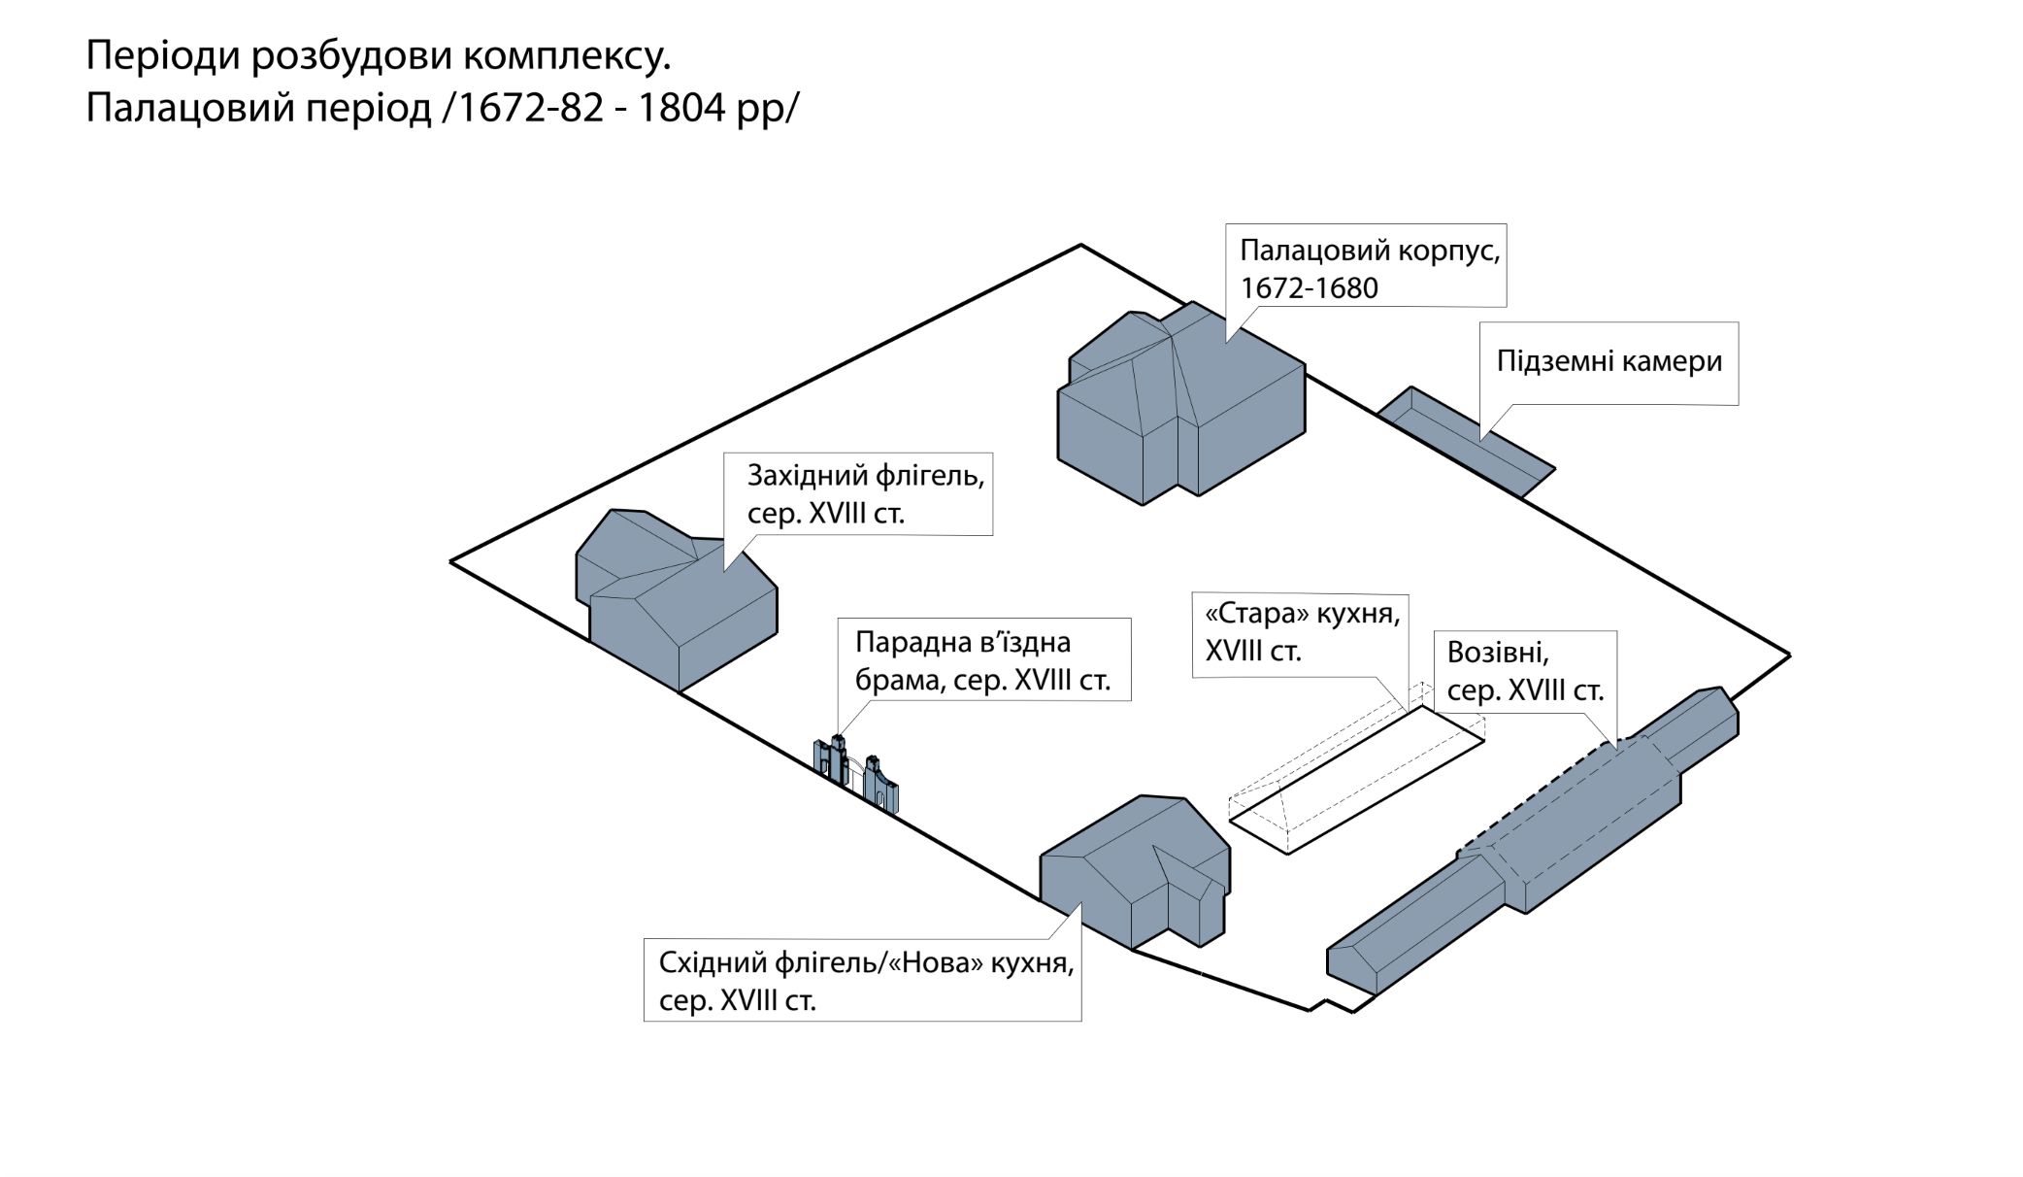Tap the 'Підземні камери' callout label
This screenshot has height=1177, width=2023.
1608,361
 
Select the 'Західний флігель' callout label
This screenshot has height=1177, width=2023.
864,493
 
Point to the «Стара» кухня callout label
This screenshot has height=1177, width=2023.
1301,631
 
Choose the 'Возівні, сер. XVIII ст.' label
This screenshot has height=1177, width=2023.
1525,670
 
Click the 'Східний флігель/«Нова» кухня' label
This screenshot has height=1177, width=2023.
864,980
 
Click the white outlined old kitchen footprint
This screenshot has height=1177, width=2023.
1359,782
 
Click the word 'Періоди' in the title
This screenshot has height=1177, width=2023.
163,57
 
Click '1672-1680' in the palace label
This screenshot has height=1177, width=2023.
1309,288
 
